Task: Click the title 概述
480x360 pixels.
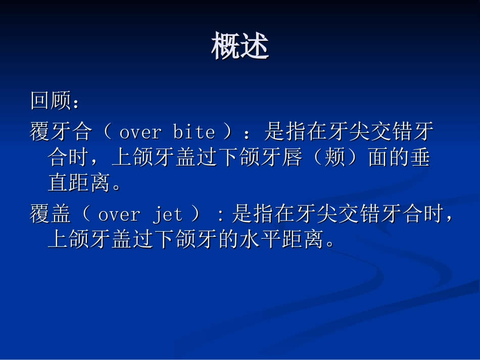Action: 240,47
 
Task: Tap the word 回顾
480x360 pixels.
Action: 51,101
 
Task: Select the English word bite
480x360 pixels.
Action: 194,132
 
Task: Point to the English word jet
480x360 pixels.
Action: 167,215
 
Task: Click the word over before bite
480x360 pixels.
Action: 140,132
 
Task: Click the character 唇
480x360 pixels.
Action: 291,158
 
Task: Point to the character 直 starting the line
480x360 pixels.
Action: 58,183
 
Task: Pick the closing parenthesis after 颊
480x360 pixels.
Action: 355,158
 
